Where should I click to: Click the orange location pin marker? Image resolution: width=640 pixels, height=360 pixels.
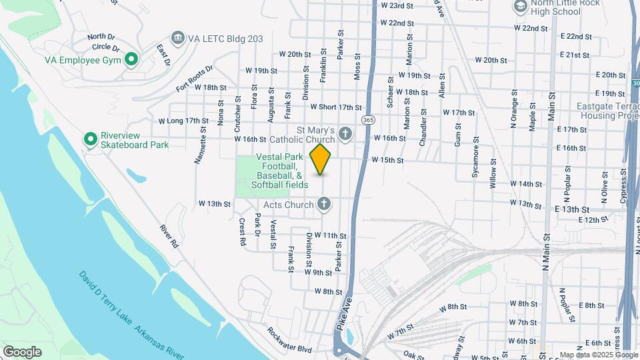[x=321, y=159]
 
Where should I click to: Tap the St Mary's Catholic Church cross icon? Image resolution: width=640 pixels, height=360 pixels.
[x=345, y=135]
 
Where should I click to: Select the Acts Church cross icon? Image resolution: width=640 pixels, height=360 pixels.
[x=324, y=204]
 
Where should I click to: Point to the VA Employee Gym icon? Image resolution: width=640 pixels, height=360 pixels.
[x=132, y=60]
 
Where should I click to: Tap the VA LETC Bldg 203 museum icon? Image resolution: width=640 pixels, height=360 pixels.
[x=177, y=37]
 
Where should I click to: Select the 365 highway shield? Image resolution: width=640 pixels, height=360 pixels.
[x=367, y=120]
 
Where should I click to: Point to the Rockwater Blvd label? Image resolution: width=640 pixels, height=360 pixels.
[x=289, y=339]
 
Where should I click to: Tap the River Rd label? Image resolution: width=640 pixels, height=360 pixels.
[x=170, y=237]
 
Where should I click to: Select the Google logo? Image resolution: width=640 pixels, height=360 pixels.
[x=22, y=351]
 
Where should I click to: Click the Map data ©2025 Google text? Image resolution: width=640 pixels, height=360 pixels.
[x=599, y=355]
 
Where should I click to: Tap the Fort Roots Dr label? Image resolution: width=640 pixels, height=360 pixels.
[x=194, y=78]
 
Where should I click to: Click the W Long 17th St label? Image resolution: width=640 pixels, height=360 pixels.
[x=183, y=121]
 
